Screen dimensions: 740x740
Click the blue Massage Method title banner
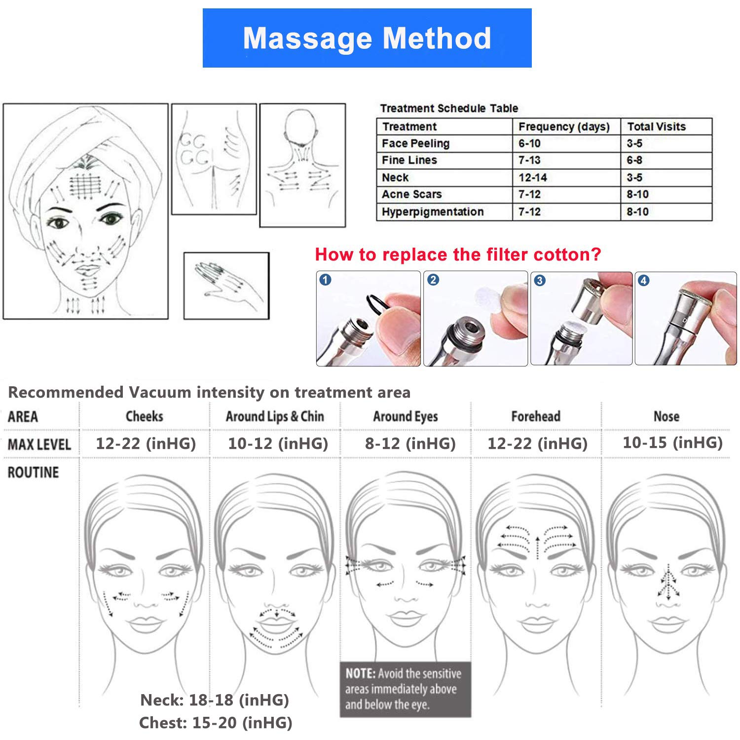pos(367,38)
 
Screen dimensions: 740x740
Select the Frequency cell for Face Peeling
pos(529,144)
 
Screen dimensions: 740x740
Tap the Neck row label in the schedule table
pos(395,178)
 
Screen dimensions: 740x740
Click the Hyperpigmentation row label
pos(432,212)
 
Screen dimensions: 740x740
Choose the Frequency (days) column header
pos(564,127)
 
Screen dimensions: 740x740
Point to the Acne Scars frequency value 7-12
pos(529,194)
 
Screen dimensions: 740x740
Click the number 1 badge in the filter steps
pos(326,280)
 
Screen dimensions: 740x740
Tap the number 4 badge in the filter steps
pos(643,281)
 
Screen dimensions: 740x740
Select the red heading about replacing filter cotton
pos(458,255)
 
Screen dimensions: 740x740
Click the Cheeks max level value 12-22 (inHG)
pos(146,444)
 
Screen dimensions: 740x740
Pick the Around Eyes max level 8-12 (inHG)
pos(410,444)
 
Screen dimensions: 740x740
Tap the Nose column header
pos(666,416)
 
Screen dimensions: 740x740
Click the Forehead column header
pos(536,416)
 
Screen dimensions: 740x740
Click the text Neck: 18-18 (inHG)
pos(215,700)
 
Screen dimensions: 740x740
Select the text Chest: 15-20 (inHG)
pos(216,723)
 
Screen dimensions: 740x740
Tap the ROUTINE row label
pos(33,473)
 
